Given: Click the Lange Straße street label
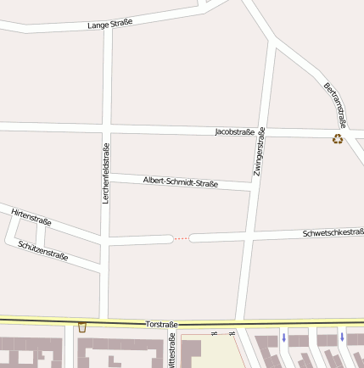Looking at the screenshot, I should point(110,25).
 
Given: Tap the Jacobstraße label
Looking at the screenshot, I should point(234,132).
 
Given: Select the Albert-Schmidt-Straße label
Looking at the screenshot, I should point(181,181).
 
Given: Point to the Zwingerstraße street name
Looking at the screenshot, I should point(260,152).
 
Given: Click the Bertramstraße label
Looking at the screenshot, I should point(335,105).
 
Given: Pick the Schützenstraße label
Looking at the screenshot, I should point(42,249).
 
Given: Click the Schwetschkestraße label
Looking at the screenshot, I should point(333,232).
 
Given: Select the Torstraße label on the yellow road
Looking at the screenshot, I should point(161,324).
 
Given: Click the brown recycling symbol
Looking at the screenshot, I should point(338,139).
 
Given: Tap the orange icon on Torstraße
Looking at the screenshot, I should point(82,327).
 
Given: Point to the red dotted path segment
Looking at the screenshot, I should point(182,239).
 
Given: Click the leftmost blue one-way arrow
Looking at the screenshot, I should point(283,337).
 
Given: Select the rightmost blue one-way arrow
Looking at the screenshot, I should point(342,337).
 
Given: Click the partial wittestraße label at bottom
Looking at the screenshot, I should point(172,353).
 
